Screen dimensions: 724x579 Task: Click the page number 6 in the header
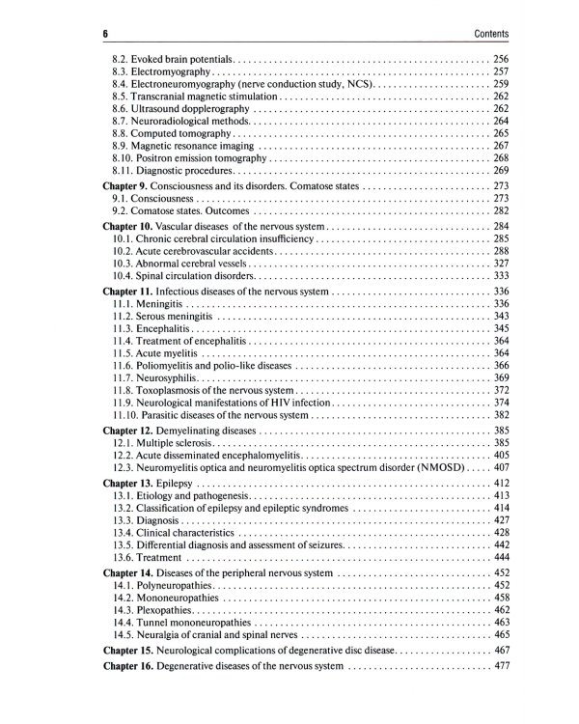(x=104, y=35)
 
